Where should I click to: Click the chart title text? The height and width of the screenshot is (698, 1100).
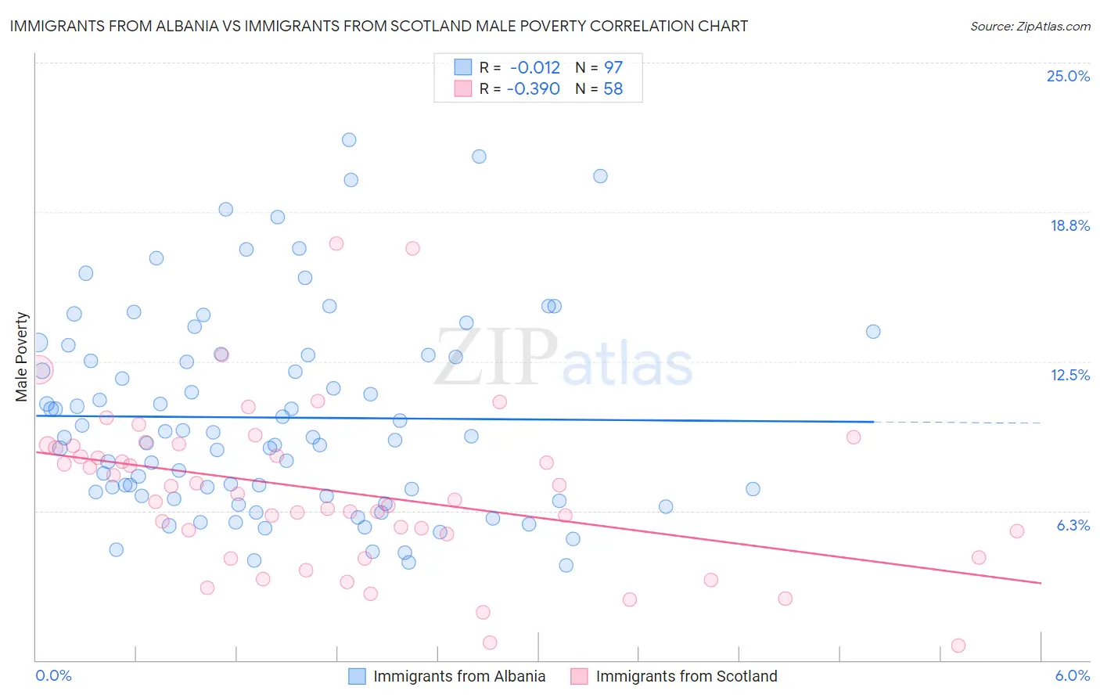tap(379, 26)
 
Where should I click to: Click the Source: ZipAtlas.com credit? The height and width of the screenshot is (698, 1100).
tap(1030, 26)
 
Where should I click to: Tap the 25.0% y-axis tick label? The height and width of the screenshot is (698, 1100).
tap(1068, 76)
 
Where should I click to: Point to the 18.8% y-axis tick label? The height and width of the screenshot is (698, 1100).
tap(1069, 225)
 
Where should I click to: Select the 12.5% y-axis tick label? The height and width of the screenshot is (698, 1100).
tap(1069, 375)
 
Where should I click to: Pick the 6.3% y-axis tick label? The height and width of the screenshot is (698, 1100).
tap(1073, 525)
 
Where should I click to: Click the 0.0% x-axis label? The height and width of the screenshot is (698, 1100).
tap(53, 675)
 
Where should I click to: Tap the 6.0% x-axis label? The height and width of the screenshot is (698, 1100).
tap(1072, 675)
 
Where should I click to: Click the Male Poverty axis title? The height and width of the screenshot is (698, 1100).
tap(22, 357)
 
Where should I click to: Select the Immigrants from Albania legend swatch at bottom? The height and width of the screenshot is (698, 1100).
tap(357, 676)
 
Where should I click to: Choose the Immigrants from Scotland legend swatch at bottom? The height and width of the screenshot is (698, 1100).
tap(579, 676)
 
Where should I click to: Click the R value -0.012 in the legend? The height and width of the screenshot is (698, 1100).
tap(534, 68)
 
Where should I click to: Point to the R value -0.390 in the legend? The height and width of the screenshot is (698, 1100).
tap(534, 89)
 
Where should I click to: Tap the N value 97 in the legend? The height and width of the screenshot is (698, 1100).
tap(613, 68)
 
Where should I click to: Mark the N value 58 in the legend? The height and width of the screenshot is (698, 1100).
tap(613, 89)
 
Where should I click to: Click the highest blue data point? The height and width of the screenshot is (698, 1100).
tap(349, 140)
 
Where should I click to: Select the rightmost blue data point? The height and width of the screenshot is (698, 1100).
tap(873, 332)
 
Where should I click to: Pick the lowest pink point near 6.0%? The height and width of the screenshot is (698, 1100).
tap(958, 646)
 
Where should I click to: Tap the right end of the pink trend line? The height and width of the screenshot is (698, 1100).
tap(1041, 583)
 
